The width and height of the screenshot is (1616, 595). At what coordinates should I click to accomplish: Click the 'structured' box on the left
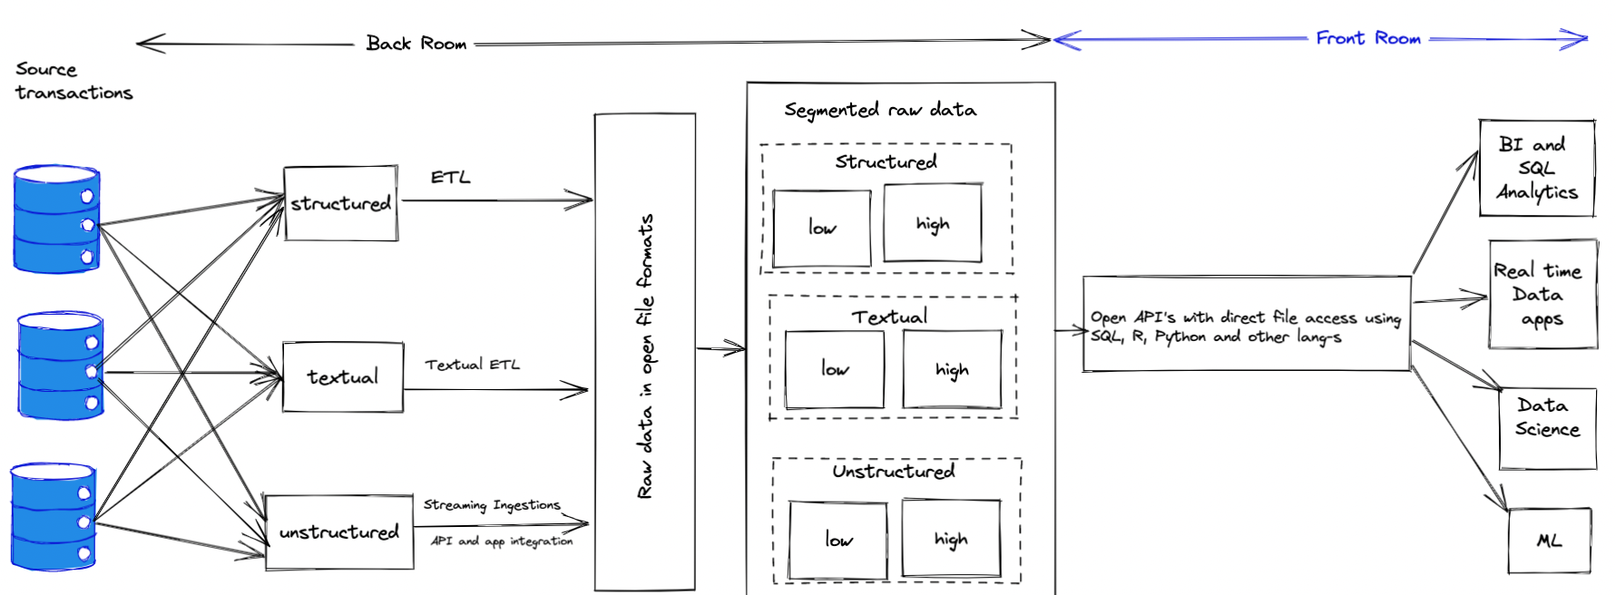tap(341, 203)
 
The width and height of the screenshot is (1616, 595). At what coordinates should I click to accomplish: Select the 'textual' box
tap(343, 376)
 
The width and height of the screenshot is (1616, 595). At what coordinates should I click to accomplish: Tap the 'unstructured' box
tap(339, 532)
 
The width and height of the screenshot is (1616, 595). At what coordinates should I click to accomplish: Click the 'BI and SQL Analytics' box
tap(1537, 168)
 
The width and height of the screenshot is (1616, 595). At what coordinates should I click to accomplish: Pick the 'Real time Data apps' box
tap(1543, 294)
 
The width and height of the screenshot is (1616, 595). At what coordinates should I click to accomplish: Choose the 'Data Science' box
tap(1548, 428)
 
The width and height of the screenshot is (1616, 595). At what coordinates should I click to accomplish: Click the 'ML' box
tap(1550, 541)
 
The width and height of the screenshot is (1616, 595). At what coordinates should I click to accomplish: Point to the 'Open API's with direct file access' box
tap(1247, 324)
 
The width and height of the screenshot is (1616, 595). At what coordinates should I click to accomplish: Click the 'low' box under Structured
tap(822, 228)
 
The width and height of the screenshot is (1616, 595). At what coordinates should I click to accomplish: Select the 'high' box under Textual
tap(953, 369)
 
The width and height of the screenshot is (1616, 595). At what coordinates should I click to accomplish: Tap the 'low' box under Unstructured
tap(838, 540)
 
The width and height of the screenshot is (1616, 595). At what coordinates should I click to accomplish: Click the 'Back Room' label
tap(416, 44)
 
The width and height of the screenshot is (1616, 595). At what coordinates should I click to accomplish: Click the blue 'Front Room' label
tap(1368, 38)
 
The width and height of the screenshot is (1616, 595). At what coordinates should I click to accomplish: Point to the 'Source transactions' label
tap(74, 81)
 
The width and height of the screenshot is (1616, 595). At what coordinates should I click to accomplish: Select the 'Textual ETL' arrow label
tap(473, 365)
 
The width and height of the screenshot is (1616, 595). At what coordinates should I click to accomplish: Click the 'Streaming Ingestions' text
tap(492, 504)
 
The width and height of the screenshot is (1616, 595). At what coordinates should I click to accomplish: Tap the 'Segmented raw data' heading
tap(880, 110)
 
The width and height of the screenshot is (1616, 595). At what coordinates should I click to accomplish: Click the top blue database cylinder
tap(56, 219)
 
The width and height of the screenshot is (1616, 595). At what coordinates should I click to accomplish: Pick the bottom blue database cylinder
tap(54, 517)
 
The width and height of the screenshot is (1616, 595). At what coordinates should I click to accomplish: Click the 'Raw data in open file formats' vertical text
tap(645, 356)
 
